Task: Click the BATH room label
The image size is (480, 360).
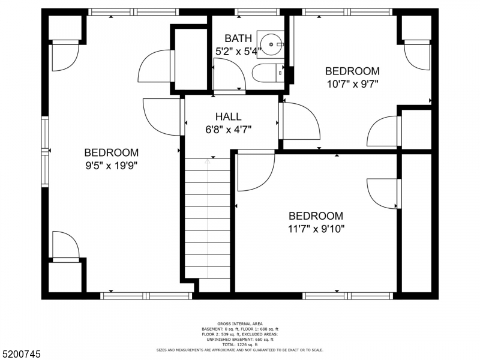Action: [x=238, y=38]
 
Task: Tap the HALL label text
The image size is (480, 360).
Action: [x=229, y=116]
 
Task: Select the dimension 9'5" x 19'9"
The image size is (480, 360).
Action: [x=112, y=166]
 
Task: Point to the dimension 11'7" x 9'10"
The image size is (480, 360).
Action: [x=316, y=229]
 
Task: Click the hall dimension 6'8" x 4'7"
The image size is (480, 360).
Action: [x=229, y=129]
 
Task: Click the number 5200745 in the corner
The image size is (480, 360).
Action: [x=22, y=354]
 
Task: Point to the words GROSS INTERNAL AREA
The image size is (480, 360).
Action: [x=240, y=324]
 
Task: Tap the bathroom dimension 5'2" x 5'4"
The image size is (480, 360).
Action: [x=238, y=51]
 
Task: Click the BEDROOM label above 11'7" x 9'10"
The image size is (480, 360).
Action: [x=316, y=216]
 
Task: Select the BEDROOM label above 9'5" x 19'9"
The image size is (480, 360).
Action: [x=112, y=153]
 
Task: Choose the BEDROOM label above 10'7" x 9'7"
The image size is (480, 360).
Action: [x=352, y=71]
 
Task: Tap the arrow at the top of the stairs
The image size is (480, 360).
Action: [x=208, y=161]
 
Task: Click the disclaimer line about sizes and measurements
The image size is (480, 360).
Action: [x=240, y=350]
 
